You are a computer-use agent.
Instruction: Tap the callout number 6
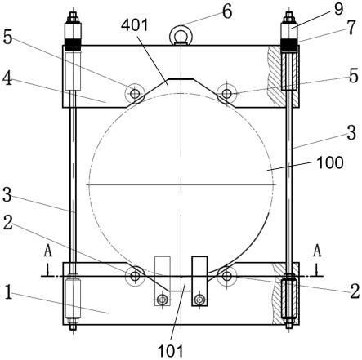(x=227, y=11)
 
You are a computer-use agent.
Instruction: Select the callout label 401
(x=135, y=25)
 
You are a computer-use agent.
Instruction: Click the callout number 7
(x=351, y=28)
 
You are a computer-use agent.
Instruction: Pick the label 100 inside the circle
(x=329, y=162)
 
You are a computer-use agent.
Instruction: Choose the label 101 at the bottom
(x=171, y=351)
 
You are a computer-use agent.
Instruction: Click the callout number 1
(x=8, y=293)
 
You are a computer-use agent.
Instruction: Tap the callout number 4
(x=7, y=78)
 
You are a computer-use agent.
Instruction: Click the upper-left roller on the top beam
(x=135, y=94)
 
